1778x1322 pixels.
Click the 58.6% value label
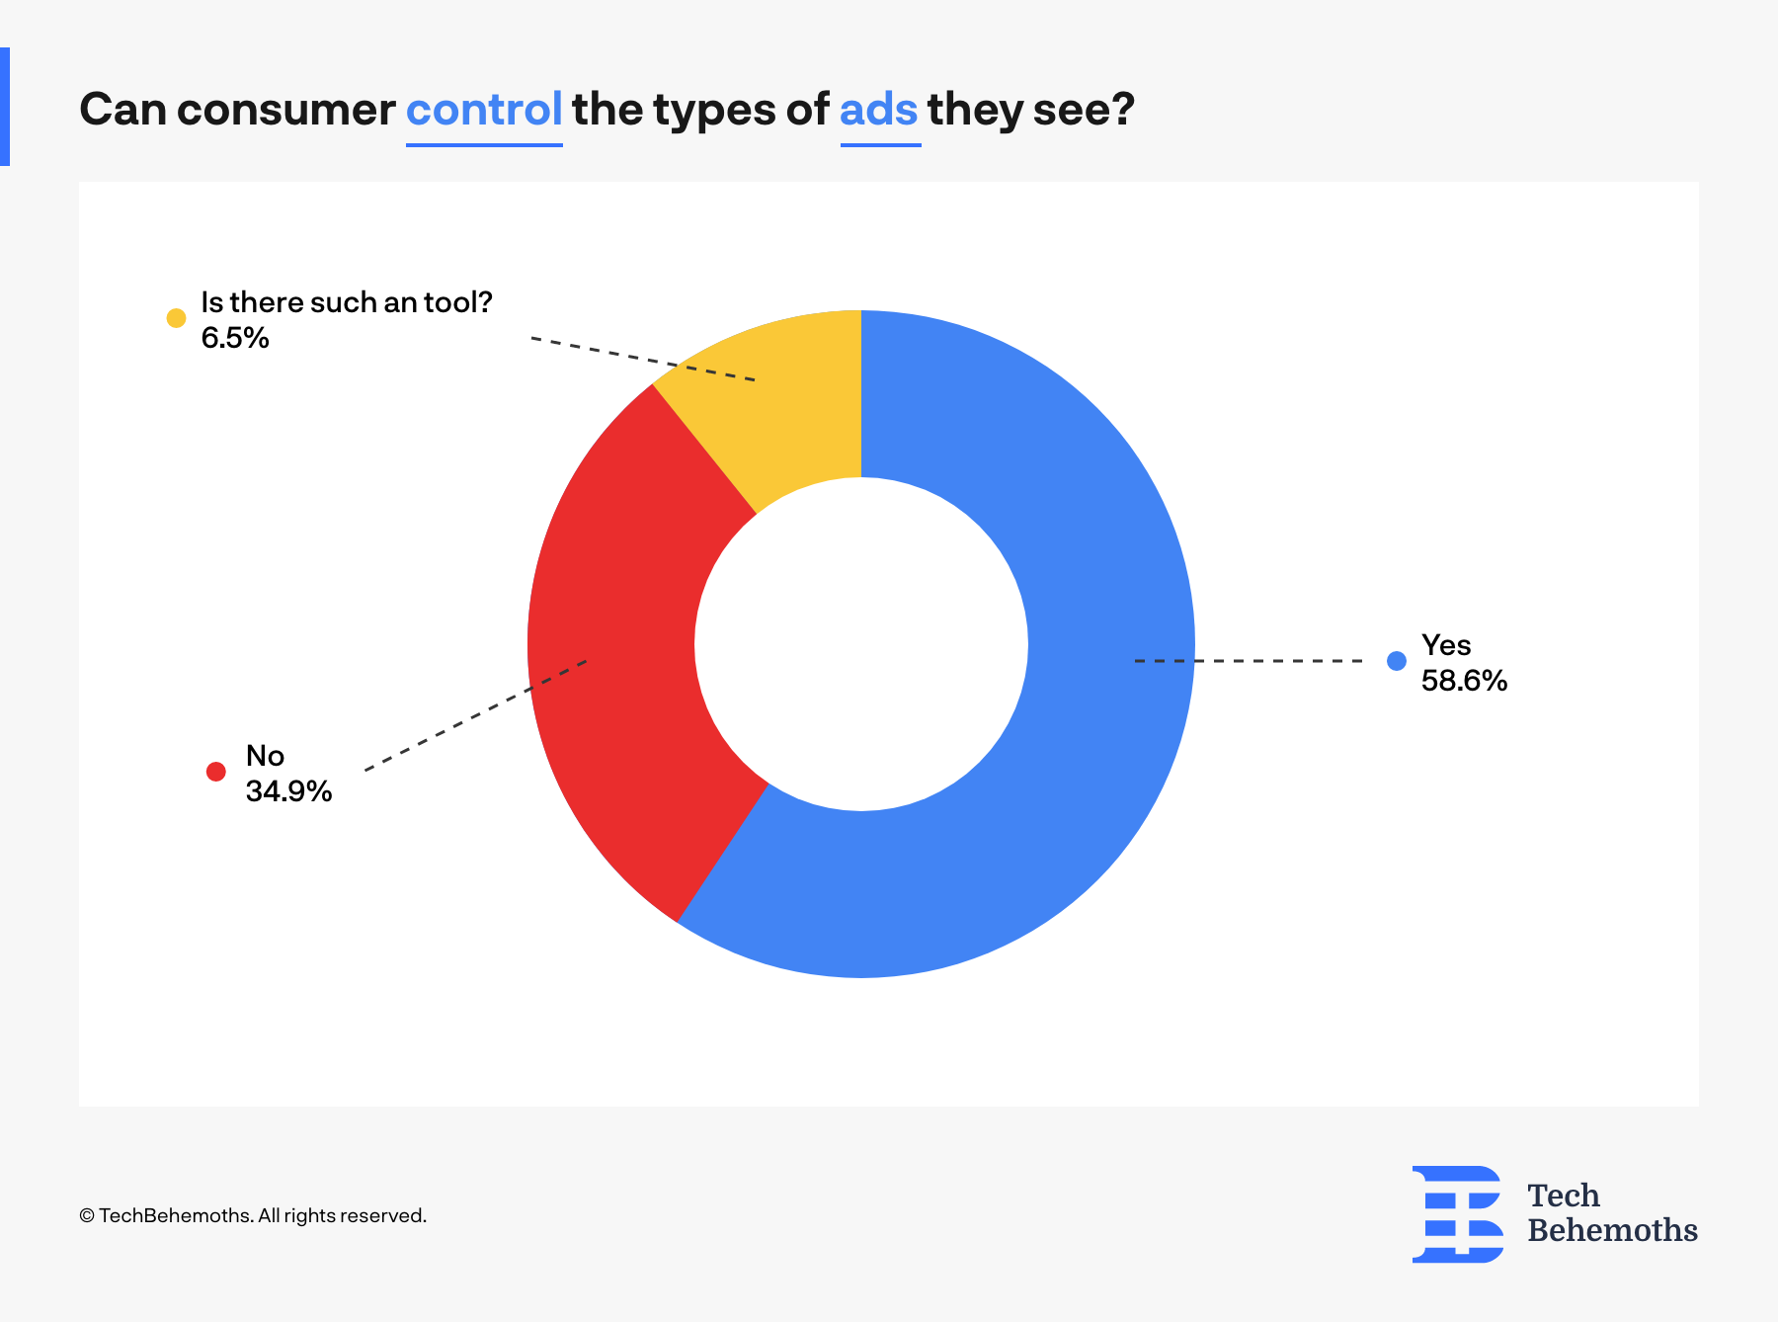pyautogui.click(x=1464, y=681)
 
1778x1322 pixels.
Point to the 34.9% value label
pyautogui.click(x=288, y=791)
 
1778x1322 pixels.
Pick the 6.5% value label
pyautogui.click(x=235, y=338)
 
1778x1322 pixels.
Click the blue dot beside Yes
pyautogui.click(x=1397, y=661)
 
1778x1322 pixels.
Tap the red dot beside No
pyautogui.click(x=216, y=772)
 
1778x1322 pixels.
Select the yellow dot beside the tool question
pyautogui.click(x=176, y=317)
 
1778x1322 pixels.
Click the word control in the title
pyautogui.click(x=484, y=109)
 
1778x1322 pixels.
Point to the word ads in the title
pyautogui.click(x=879, y=109)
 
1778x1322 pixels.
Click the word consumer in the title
pyautogui.click(x=285, y=110)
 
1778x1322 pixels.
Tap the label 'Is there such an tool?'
pyautogui.click(x=347, y=302)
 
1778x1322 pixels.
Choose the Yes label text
pyautogui.click(x=1446, y=645)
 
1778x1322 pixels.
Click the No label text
pyautogui.click(x=265, y=756)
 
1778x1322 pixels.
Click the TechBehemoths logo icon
pyautogui.click(x=1458, y=1214)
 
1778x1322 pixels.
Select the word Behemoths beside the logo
pyautogui.click(x=1612, y=1230)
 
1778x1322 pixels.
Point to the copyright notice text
pyautogui.click(x=253, y=1215)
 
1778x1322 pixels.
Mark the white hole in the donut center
pyautogui.click(x=861, y=644)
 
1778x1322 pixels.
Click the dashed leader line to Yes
pyautogui.click(x=1249, y=660)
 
